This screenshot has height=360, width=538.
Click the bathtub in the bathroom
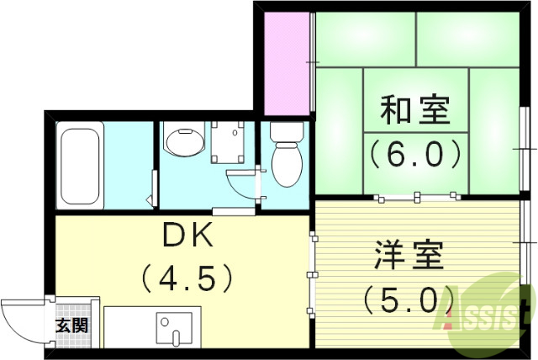80,165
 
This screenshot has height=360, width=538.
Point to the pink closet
287,62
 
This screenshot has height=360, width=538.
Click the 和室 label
415,110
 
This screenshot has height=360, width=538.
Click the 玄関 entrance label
69,325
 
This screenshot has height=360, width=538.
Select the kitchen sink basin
175,330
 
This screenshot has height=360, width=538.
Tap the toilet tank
286,132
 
